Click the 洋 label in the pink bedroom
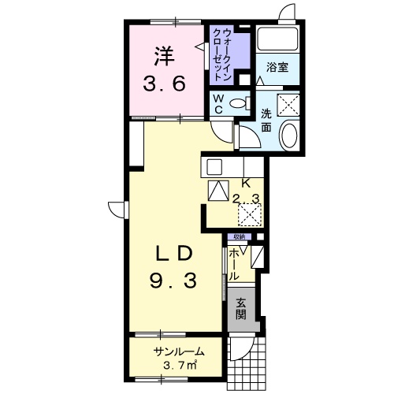[x=164, y=57]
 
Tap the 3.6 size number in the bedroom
[x=164, y=84]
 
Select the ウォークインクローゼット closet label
[x=223, y=54]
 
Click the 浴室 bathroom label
[x=277, y=67]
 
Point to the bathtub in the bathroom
[x=278, y=39]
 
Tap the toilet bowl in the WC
[x=237, y=103]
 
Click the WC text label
[x=218, y=104]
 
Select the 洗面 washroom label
[x=266, y=121]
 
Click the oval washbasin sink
[x=289, y=135]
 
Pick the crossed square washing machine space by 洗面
[x=288, y=105]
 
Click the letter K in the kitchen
[x=246, y=184]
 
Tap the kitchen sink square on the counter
[x=214, y=167]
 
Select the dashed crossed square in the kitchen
[x=250, y=214]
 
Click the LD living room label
[x=175, y=255]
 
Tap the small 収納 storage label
[x=239, y=236]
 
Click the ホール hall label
[x=234, y=265]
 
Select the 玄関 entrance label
[x=241, y=309]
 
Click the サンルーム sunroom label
[x=180, y=351]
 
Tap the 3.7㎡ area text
[x=180, y=365]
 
